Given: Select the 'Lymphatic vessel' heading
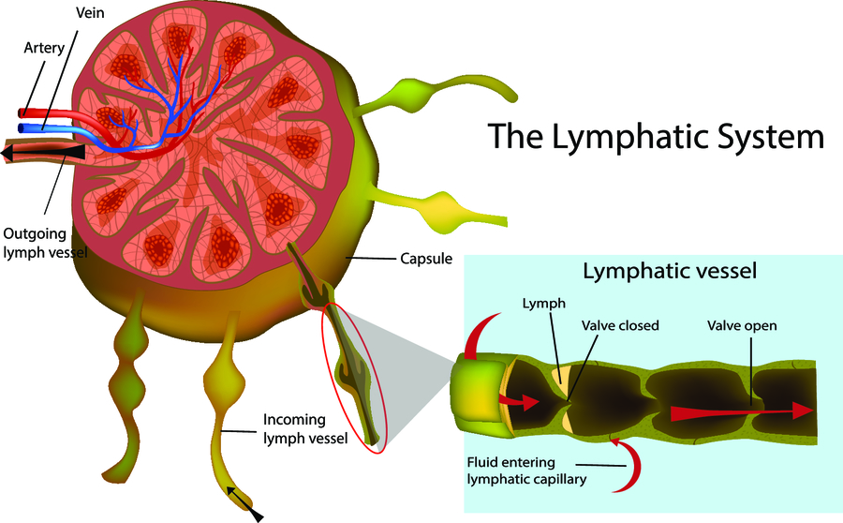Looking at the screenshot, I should (x=670, y=273).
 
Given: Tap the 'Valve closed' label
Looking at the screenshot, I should (x=620, y=326).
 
